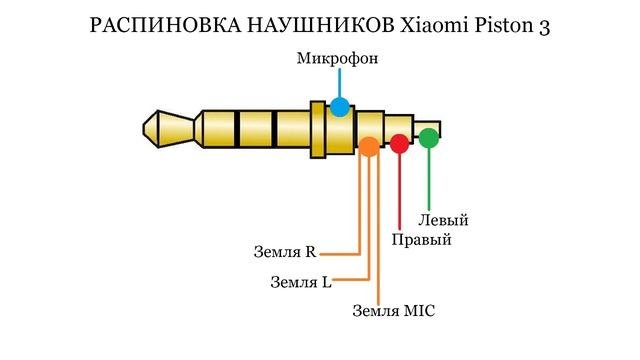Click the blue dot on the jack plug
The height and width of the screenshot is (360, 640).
pyautogui.click(x=340, y=107)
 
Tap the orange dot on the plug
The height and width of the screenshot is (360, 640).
pyautogui.click(x=368, y=147)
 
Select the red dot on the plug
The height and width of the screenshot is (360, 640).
pyautogui.click(x=399, y=143)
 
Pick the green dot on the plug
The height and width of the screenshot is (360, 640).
pyautogui.click(x=429, y=138)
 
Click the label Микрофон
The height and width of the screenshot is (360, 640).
pyautogui.click(x=337, y=58)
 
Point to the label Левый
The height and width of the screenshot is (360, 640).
pyautogui.click(x=443, y=220)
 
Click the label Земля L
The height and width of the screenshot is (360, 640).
pyautogui.click(x=301, y=281)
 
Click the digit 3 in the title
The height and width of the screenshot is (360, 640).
pyautogui.click(x=543, y=27)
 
